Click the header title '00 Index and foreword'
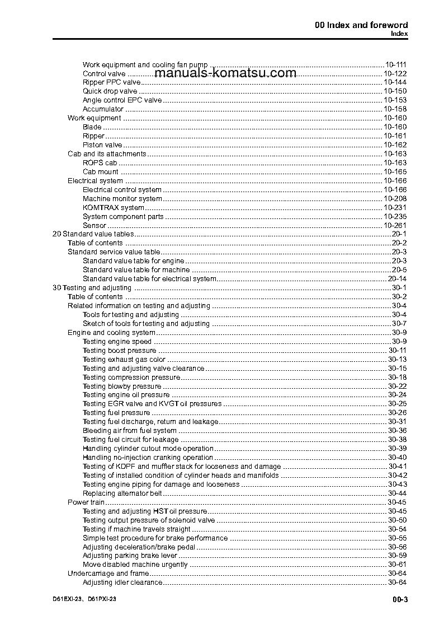point(361,25)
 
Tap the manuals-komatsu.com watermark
point(225,73)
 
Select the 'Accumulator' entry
point(103,109)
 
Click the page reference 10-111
point(395,64)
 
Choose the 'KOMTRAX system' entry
point(113,208)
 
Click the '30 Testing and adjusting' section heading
point(92,288)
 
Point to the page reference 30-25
point(397,404)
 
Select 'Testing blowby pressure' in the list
point(122,386)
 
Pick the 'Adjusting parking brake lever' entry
point(130,556)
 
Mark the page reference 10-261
point(395,225)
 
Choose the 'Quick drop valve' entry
point(110,91)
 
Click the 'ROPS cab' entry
point(100,163)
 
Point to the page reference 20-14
point(397,279)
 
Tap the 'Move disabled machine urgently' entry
point(135,565)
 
